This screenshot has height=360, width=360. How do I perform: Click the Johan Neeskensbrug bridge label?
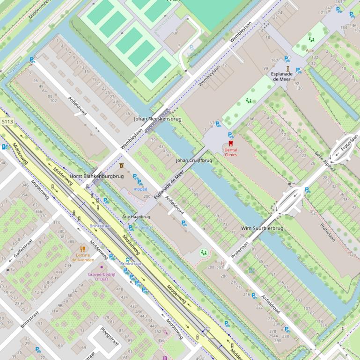point(157,119)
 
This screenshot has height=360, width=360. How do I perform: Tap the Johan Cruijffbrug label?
point(194,160)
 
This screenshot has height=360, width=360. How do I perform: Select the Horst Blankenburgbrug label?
point(96,176)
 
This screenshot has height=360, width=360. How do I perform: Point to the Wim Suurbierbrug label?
point(262,228)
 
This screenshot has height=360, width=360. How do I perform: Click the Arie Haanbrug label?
point(136,217)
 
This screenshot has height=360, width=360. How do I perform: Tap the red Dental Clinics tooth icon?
point(230,144)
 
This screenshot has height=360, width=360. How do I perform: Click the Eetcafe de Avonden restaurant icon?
point(82,249)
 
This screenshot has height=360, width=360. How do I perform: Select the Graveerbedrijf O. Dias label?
point(102,276)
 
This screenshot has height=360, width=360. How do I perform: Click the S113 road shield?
point(7,122)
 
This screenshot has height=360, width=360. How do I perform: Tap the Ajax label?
point(310,50)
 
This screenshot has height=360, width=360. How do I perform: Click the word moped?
point(140,189)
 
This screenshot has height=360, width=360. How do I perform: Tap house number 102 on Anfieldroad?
point(53,101)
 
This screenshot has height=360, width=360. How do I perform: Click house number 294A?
point(273,336)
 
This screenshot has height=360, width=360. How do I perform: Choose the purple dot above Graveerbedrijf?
point(102,267)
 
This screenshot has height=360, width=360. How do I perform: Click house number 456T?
point(200,359)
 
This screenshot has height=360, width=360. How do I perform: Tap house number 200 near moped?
point(147,196)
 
